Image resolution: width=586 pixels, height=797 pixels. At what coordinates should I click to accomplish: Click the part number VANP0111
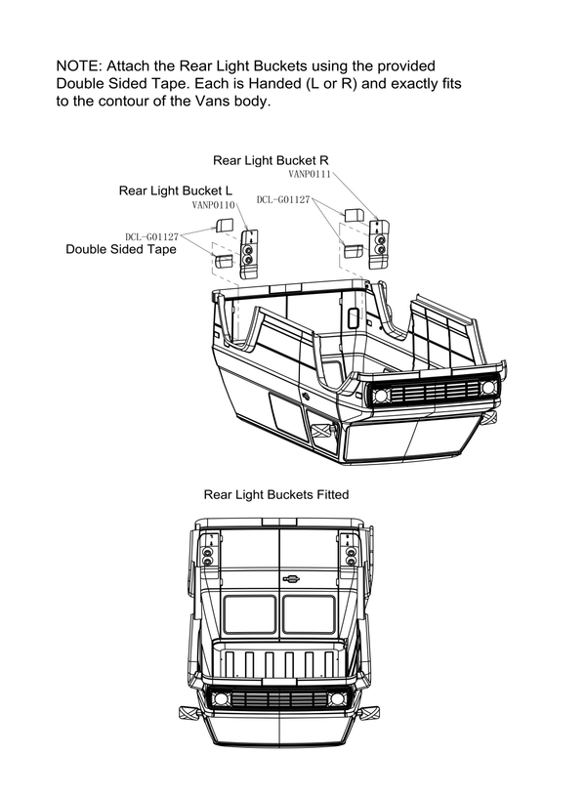click(x=311, y=173)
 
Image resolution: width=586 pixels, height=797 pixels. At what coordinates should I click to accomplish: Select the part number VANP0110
click(x=214, y=205)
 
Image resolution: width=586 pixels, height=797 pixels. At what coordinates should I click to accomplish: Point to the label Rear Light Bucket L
click(x=176, y=190)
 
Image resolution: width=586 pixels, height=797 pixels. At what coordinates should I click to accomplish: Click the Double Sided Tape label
click(x=120, y=250)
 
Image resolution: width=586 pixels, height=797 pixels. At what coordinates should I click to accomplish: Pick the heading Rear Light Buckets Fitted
click(x=276, y=494)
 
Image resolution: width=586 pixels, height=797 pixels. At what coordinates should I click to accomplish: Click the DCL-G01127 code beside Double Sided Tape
click(x=151, y=236)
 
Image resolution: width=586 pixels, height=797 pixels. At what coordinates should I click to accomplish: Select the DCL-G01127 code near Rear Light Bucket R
click(x=283, y=199)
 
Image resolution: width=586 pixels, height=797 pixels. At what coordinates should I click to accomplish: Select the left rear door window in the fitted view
click(x=250, y=616)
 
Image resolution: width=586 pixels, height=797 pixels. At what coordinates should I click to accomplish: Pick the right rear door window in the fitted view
click(x=310, y=616)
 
